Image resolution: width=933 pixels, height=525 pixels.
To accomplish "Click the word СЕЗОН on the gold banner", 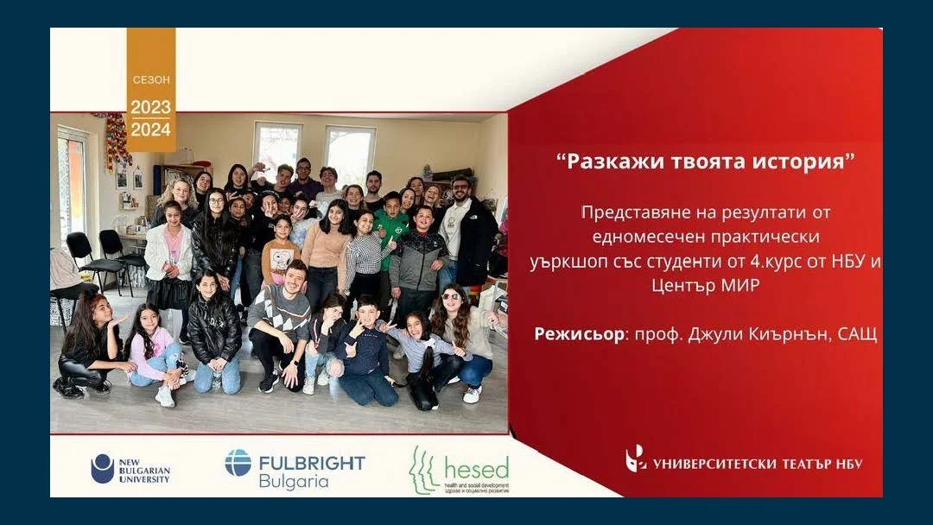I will coord(151,79).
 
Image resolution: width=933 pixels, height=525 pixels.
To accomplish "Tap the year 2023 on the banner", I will coord(151,108).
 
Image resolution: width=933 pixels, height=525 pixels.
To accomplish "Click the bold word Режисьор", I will coord(578,334).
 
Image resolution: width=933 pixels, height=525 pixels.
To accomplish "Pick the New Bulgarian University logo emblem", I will coord(103,468).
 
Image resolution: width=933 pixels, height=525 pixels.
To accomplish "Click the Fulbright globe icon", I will coord(238,463).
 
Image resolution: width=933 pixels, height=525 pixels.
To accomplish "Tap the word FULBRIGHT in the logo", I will coord(312,462).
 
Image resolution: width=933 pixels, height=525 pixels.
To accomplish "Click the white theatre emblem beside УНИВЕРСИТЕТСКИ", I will coord(636,459).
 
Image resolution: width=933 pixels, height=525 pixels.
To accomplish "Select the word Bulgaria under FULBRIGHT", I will coord(294,481).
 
